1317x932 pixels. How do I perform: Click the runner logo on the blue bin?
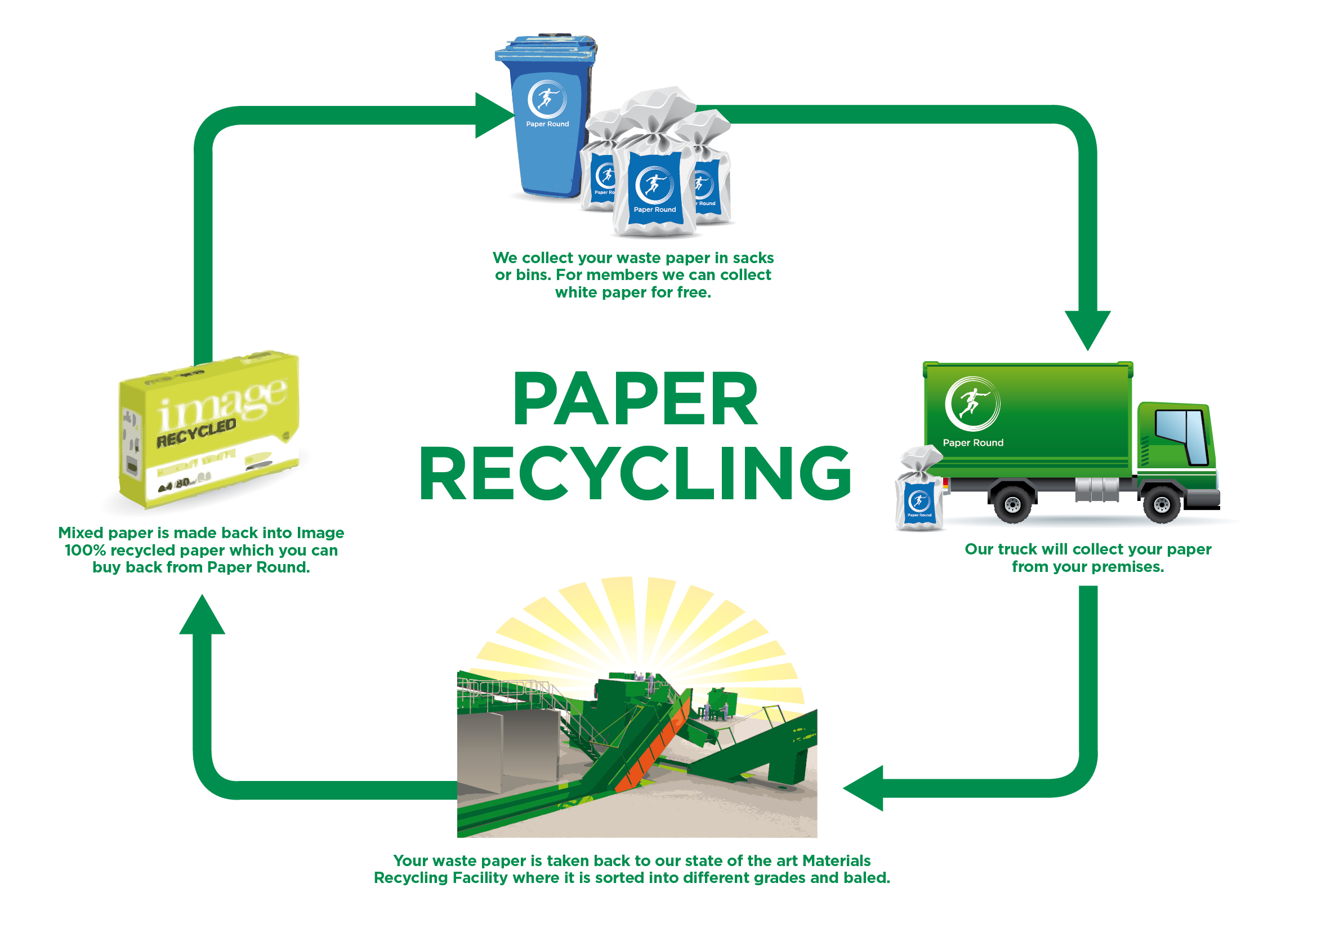(546, 99)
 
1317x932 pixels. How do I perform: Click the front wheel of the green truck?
(1161, 504)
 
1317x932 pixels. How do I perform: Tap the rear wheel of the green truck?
(1012, 504)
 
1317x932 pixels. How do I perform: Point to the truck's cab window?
(1182, 435)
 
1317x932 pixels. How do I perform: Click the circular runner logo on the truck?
(972, 403)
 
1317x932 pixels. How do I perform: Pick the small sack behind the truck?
(919, 494)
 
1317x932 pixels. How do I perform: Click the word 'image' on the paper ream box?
(221, 402)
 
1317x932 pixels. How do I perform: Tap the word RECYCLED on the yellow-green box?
(196, 432)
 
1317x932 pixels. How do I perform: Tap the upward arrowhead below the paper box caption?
(202, 616)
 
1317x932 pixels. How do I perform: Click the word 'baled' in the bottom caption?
(865, 877)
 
